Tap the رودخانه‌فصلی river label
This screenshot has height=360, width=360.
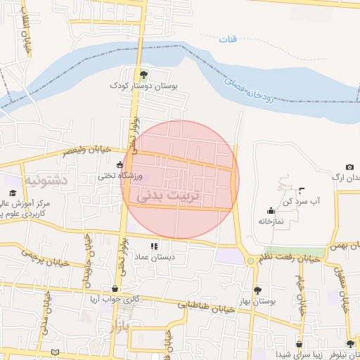pos(255,90)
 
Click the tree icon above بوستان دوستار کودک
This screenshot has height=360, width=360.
pos(143,74)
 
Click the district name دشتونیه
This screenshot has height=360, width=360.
pos(46,181)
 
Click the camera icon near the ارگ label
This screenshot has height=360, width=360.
pos(349,167)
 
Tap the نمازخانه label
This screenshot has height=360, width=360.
pos(271,221)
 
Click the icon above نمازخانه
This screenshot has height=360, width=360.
pos(271,210)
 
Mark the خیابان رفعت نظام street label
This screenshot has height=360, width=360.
pos(290,259)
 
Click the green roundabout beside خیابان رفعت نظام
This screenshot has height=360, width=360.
pos(250,262)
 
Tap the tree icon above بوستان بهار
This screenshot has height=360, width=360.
pos(257,290)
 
